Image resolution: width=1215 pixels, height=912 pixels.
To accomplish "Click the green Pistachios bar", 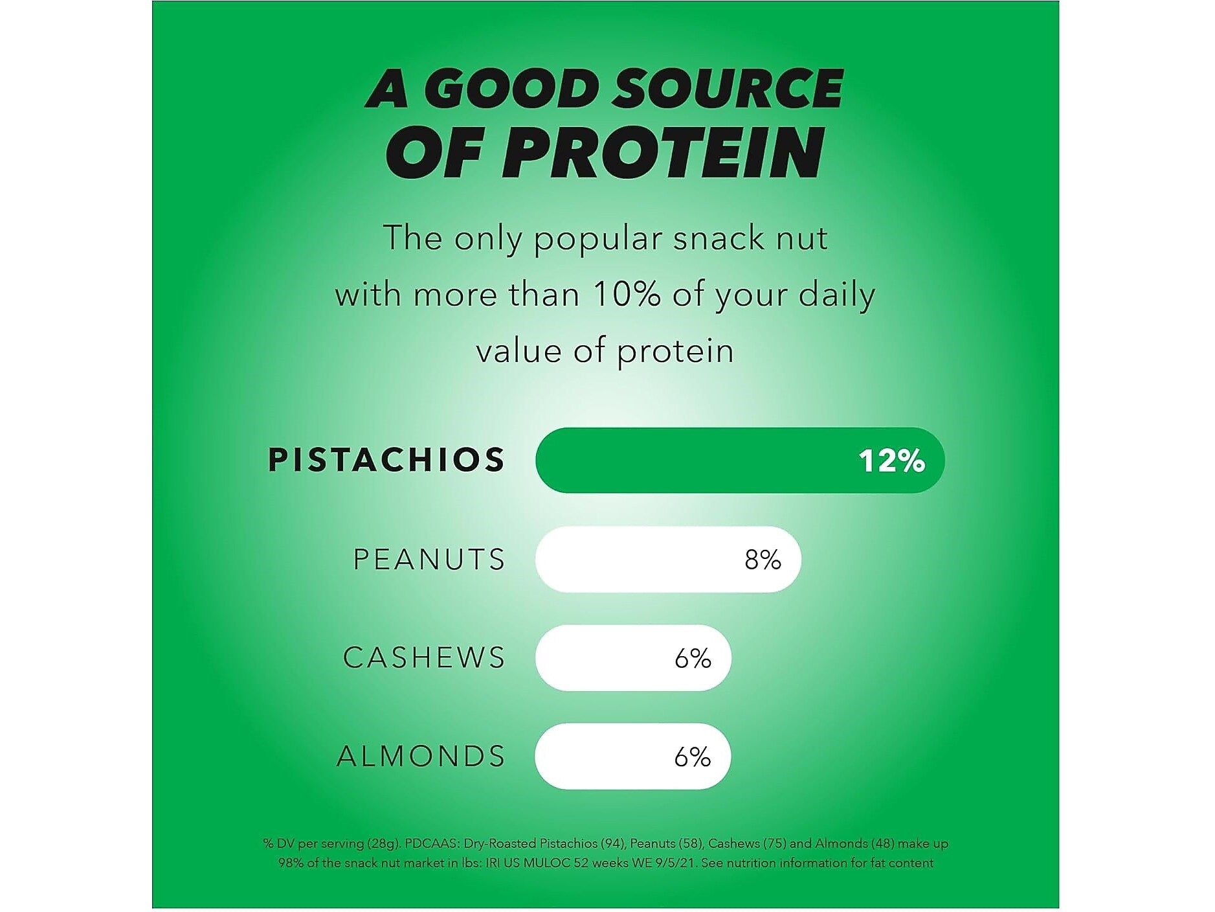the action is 740,460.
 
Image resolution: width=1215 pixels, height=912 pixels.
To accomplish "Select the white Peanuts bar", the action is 668,559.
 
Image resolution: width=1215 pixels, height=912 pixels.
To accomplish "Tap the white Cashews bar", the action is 633,657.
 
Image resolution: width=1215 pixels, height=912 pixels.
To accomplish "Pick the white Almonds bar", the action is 633,756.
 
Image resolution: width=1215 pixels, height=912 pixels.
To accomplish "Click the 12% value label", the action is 891,461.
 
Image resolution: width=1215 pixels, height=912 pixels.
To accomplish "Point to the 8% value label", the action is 763,559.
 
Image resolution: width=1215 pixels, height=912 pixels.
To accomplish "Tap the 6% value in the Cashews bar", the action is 693,658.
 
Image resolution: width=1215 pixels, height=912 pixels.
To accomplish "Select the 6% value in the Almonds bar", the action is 693,757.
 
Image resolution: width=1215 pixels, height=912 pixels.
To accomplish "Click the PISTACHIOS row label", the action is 386,459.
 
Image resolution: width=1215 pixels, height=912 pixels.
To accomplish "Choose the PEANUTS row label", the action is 429,559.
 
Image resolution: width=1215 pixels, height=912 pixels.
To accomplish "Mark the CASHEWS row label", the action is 424,657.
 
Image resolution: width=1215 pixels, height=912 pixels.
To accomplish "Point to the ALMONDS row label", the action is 421,756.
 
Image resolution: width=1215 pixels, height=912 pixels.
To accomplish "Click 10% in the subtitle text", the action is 627,295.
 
